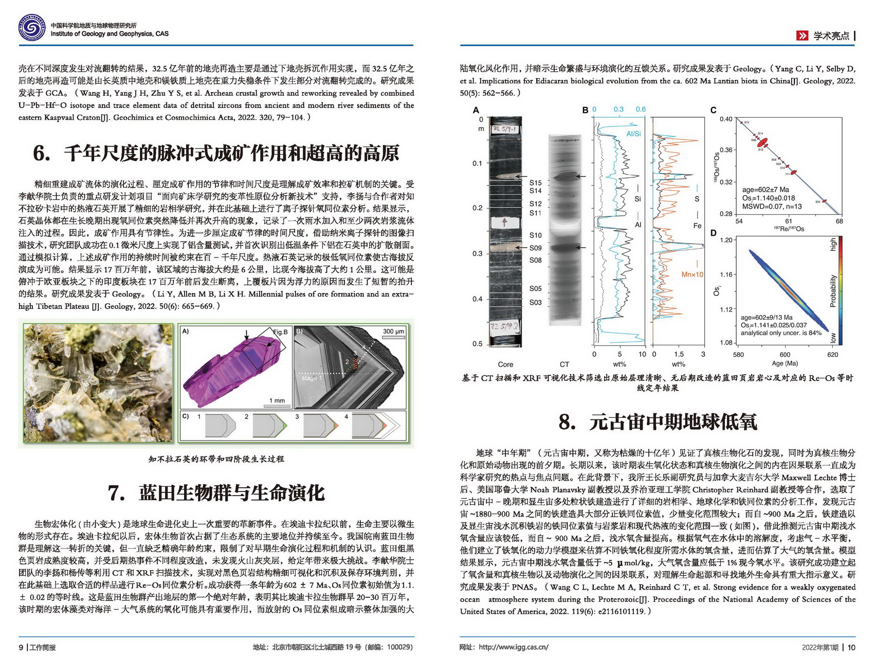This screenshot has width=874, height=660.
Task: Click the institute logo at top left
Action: tap(31, 28)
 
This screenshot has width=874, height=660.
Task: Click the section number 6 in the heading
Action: tap(41, 153)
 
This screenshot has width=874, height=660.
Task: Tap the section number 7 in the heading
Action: tap(116, 493)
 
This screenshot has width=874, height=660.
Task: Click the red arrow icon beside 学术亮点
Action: tap(802, 35)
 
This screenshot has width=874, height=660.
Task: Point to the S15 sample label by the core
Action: tap(535, 182)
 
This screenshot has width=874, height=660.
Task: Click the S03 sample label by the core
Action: tap(535, 302)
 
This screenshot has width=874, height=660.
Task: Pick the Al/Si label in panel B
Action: tap(633, 134)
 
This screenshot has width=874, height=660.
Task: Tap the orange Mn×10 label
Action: tap(692, 274)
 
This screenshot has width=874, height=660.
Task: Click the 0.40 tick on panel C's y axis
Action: tap(725, 119)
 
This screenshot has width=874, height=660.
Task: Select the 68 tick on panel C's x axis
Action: tap(839, 221)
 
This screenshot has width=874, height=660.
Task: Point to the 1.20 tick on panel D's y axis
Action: tap(725, 240)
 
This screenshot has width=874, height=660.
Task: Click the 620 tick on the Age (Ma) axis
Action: tap(832, 354)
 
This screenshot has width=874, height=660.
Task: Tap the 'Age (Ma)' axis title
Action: tap(785, 363)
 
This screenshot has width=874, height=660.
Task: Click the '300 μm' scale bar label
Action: tap(393, 332)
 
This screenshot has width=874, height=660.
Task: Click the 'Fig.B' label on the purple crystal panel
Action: tap(280, 332)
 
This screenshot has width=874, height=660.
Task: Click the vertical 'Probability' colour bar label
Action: tap(833, 290)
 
